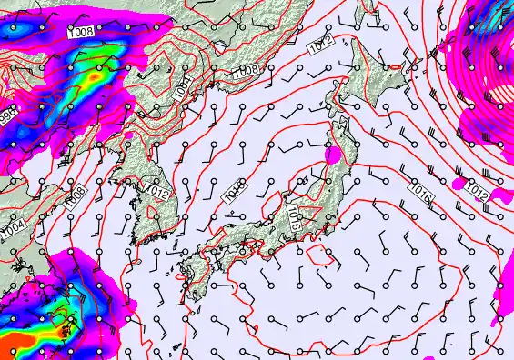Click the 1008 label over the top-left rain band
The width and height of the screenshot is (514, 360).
click(x=83, y=33)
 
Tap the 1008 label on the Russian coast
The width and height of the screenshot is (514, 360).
click(x=243, y=70)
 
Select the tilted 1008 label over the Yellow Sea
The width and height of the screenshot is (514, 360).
click(x=76, y=195)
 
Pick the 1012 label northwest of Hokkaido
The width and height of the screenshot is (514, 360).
click(x=320, y=46)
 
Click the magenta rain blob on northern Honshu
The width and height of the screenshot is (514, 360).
click(x=334, y=155)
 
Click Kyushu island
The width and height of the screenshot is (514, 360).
click(x=196, y=273)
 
